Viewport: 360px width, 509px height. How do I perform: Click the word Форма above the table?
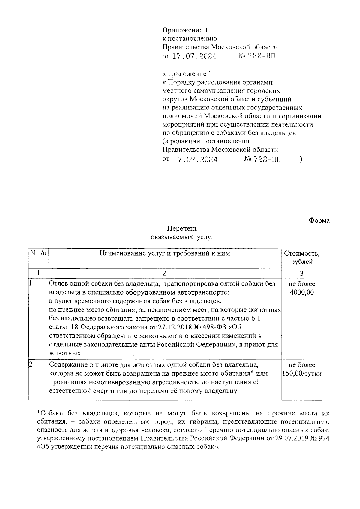click(319, 220)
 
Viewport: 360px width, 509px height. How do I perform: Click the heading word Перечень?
click(182, 229)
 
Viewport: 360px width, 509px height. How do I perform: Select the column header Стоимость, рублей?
click(301, 257)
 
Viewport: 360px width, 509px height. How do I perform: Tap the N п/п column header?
click(39, 253)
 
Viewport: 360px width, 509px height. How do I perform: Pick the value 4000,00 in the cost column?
click(302, 292)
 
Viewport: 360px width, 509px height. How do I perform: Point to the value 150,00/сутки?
click(302, 374)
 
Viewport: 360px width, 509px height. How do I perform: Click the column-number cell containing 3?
click(302, 273)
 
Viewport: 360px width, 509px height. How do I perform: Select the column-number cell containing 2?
click(164, 273)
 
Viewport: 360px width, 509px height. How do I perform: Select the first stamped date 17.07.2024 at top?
click(194, 56)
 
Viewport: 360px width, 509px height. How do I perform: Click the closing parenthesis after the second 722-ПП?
click(301, 160)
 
